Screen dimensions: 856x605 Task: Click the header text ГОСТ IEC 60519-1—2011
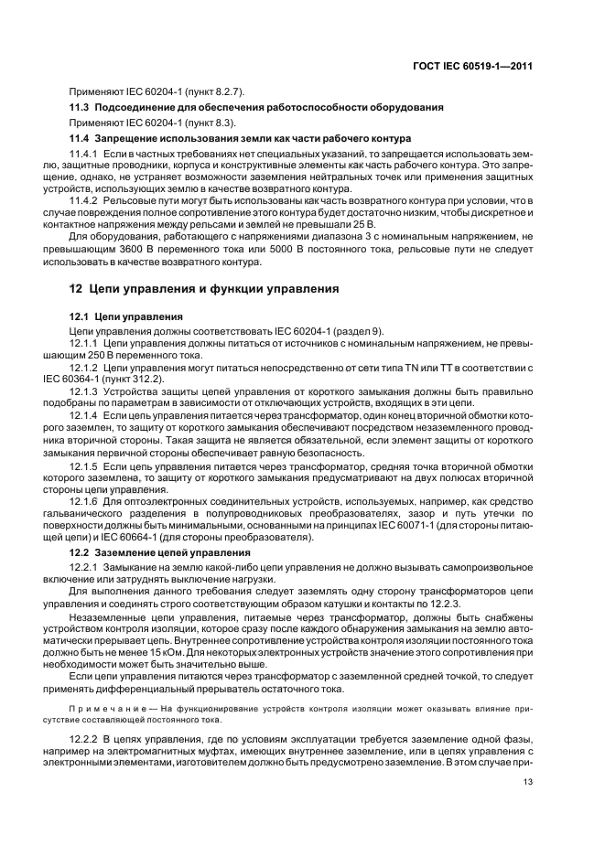[472, 66]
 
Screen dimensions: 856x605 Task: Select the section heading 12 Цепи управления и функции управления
[205, 289]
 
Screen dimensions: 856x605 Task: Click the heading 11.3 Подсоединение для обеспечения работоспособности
[257, 107]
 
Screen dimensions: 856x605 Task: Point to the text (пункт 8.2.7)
[214, 91]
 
